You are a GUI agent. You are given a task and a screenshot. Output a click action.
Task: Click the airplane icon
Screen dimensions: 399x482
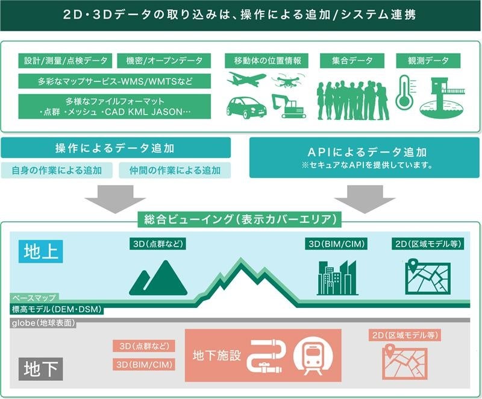point(246,80)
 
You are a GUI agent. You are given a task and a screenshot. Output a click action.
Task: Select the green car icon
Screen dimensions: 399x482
point(246,107)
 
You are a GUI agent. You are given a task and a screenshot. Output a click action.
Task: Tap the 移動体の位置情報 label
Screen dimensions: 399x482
point(267,60)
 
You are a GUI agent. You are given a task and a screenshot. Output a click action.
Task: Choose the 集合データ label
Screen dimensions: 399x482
point(352,60)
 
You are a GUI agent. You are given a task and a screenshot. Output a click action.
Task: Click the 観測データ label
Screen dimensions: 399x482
point(428,60)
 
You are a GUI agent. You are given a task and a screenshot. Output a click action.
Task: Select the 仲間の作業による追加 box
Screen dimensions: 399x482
point(175,170)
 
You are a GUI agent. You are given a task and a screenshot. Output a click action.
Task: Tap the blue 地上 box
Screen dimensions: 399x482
point(42,251)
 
